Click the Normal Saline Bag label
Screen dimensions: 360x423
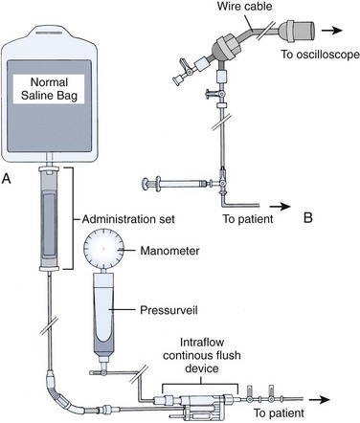point(49,89)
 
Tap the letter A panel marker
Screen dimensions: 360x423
point(7,179)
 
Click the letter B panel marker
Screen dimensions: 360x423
point(308,217)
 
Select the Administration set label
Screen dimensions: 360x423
point(128,219)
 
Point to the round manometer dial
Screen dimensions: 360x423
point(103,248)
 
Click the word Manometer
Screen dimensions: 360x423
point(169,251)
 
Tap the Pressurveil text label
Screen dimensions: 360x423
point(169,310)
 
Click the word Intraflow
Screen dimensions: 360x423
point(202,343)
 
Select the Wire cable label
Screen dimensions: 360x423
point(245,7)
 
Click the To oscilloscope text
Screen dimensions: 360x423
point(320,55)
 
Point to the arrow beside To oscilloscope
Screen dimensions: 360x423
point(332,31)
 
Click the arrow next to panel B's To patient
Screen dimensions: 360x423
point(281,207)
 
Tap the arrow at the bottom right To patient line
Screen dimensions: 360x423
point(319,400)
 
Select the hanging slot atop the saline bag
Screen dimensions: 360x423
point(50,33)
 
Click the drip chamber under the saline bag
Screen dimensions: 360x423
point(50,218)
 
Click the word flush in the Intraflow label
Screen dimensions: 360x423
point(228,355)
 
